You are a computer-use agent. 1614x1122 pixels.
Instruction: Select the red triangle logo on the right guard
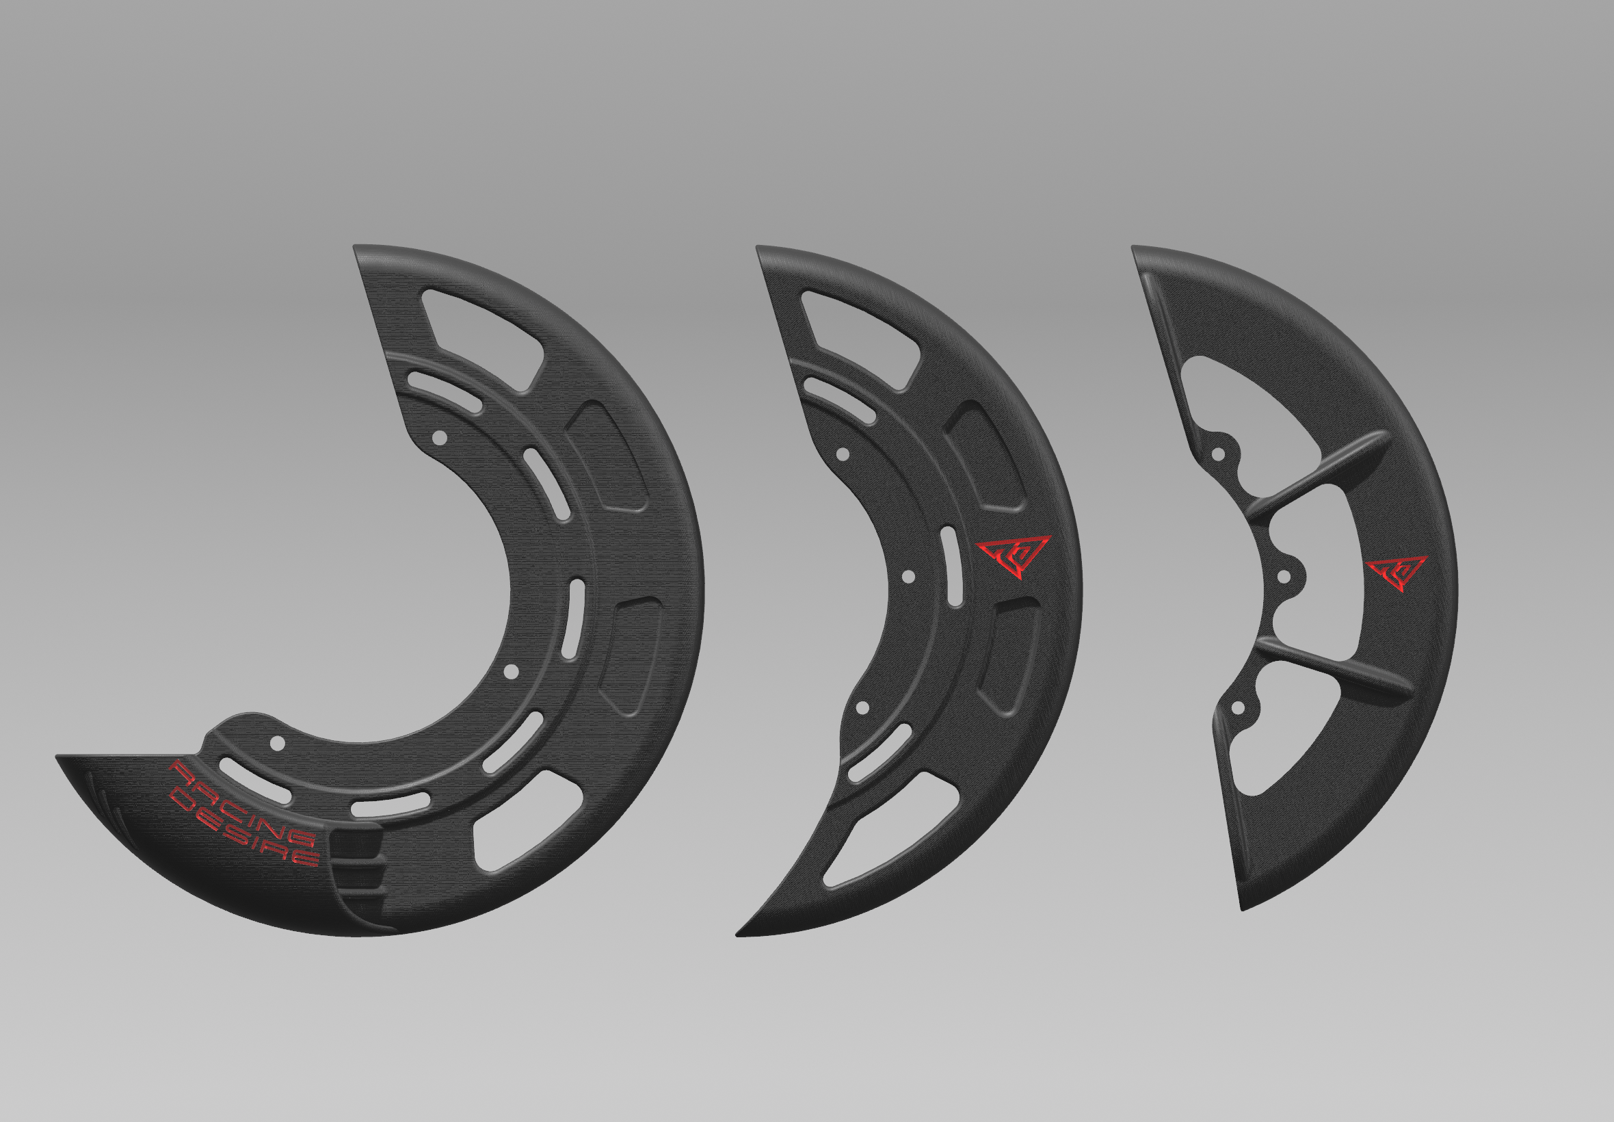pos(1396,573)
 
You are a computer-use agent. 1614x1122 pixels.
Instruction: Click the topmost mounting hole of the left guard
pos(439,438)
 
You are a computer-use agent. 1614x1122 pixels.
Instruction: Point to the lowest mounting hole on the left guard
pos(278,742)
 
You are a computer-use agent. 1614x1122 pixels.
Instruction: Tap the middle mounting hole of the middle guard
pos(908,577)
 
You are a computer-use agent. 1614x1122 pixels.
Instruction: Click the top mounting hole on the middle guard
pos(843,455)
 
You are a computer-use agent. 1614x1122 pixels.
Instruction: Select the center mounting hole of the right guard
pos(1284,577)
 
